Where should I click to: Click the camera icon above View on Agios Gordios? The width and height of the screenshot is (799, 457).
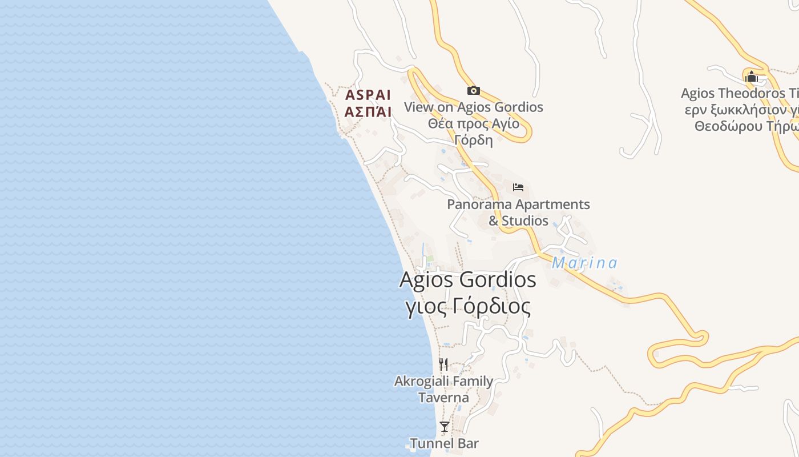473,90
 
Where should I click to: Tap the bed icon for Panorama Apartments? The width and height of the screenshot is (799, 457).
518,187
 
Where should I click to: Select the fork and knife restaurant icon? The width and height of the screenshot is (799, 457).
443,364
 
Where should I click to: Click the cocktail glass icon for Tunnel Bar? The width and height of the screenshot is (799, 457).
444,427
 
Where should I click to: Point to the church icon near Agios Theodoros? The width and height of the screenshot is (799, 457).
751,77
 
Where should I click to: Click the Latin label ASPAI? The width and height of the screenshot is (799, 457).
368,95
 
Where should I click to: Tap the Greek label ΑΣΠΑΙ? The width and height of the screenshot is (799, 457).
368,112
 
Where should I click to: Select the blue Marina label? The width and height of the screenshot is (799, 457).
584,263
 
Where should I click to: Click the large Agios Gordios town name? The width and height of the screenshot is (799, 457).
467,280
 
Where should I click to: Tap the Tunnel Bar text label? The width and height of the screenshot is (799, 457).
444,443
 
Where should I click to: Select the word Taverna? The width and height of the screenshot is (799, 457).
443,398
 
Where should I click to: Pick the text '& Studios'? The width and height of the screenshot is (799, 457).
518,221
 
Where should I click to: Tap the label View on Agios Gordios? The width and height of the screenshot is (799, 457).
473,107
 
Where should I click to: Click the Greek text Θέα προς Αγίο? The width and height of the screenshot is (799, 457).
473,123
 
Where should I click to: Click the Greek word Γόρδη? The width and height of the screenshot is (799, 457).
473,140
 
